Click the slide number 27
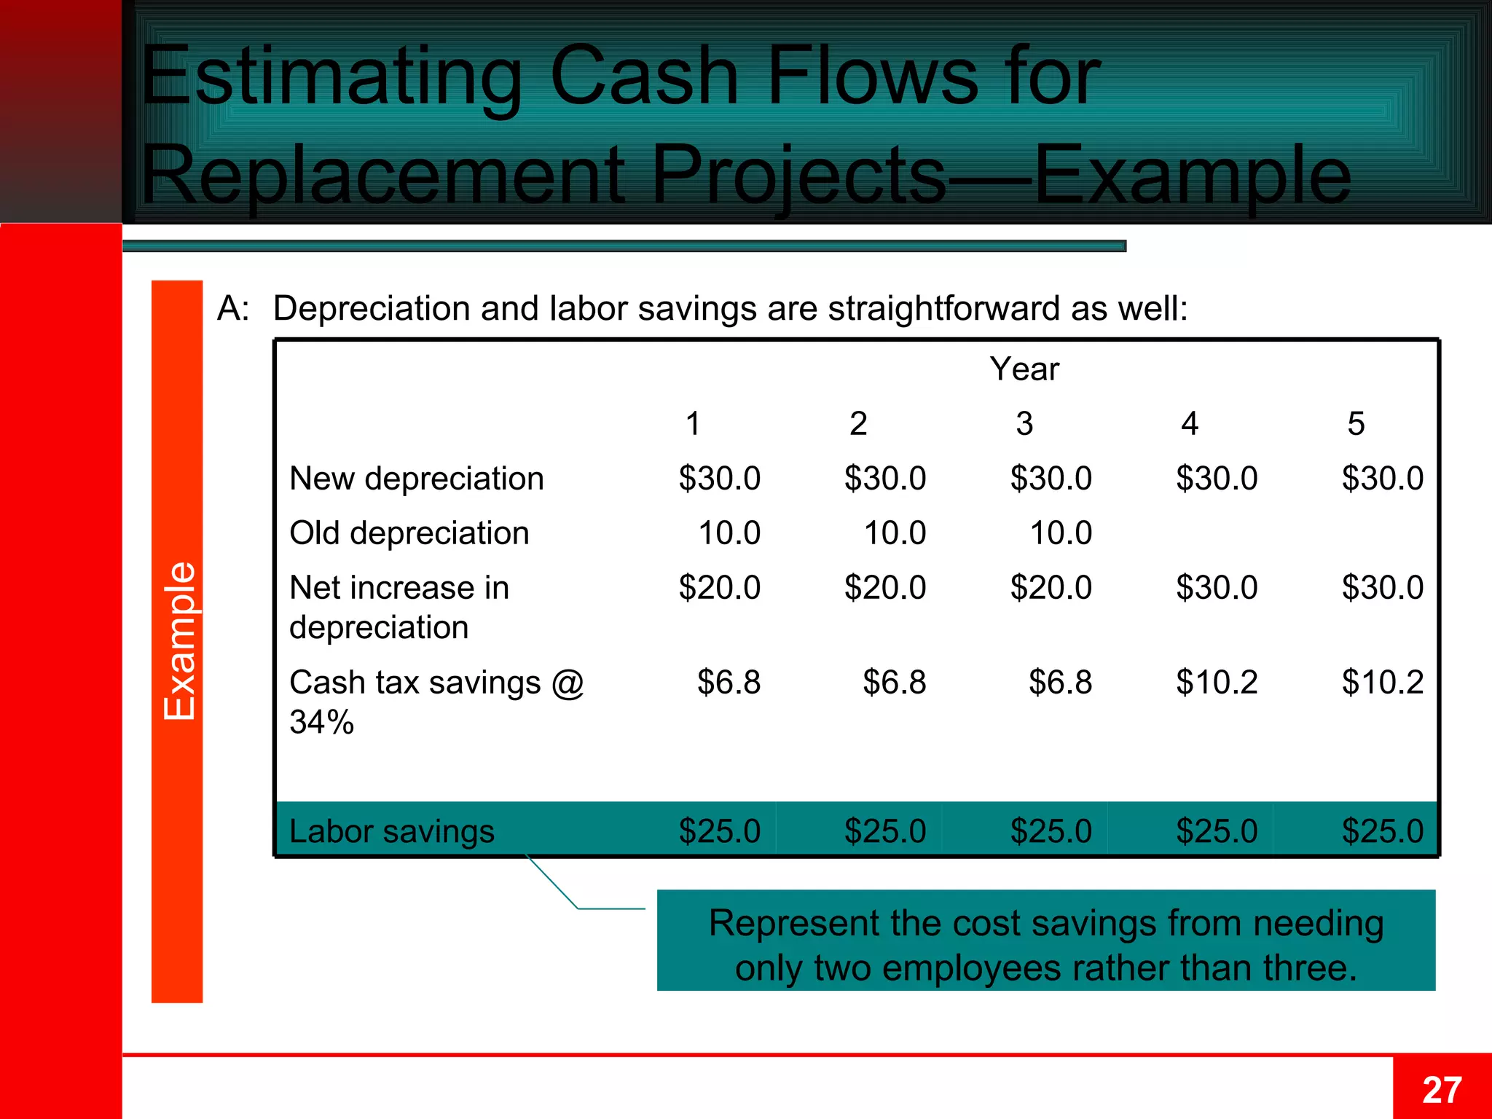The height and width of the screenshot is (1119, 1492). pos(1442,1091)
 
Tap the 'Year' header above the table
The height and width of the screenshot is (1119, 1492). pos(1024,369)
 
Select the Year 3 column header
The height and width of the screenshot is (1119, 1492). pos(1024,424)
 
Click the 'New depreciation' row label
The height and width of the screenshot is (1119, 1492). pos(417,479)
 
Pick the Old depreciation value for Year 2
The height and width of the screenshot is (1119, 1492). pos(895,533)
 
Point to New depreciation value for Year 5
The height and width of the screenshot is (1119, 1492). pos(1382,479)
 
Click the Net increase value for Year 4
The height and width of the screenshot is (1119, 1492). pos(1217,588)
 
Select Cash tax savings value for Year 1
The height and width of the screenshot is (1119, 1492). pos(729,683)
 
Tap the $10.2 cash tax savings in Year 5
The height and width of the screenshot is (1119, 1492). pos(1382,683)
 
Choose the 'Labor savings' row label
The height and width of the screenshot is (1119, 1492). pos(392,831)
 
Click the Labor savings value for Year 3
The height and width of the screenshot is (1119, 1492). pos(1051,831)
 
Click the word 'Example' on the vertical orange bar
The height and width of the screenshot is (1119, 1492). pos(178,641)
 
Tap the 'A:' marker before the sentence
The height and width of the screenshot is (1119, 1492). pos(233,309)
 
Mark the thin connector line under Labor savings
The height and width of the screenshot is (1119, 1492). pos(554,884)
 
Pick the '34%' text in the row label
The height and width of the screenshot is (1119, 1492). pos(321,723)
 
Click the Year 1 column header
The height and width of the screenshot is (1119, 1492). pos(693,424)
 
